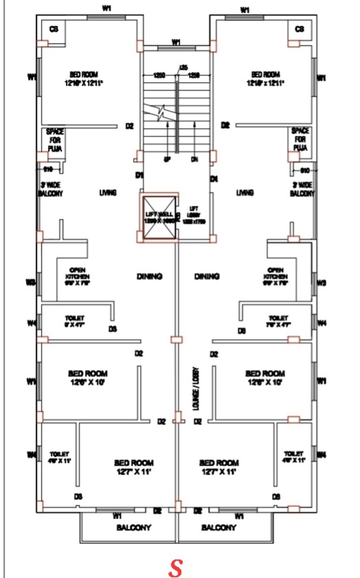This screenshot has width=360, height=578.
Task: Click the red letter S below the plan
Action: pos(175,568)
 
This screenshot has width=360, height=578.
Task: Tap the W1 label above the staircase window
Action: pos(176,42)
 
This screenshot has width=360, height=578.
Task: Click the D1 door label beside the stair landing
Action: pos(140,175)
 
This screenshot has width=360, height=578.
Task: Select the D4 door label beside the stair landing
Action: pos(214,179)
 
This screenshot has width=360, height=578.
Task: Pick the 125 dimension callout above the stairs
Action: pos(183,67)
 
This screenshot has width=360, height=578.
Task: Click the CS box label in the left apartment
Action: pos(54,29)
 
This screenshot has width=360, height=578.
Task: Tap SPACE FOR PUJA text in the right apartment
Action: pos(300,139)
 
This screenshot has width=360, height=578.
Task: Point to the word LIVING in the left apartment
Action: pos(108,193)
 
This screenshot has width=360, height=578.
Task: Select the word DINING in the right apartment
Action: pos(207,276)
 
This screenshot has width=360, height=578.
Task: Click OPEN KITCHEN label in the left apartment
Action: pos(78,277)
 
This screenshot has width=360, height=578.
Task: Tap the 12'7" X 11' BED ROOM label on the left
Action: pos(134,466)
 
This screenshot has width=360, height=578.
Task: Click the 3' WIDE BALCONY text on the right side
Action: pos(302,189)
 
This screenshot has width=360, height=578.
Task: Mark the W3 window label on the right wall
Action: pos(321,283)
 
